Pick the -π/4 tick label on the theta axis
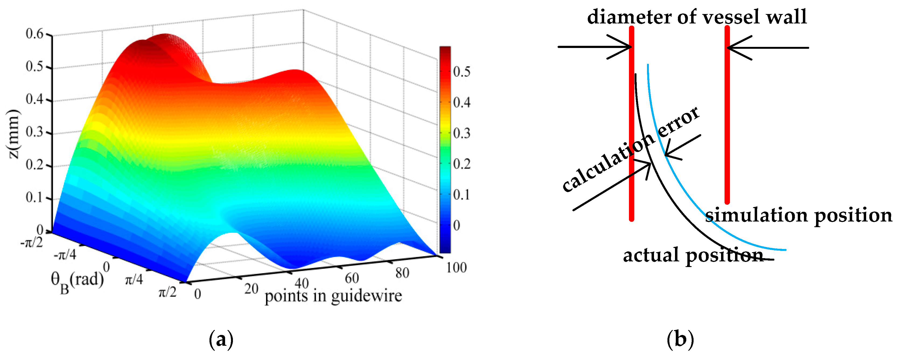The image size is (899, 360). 65,255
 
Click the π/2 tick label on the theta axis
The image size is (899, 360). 167,292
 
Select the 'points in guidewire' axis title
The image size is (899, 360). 333,296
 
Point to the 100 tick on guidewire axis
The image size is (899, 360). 456,268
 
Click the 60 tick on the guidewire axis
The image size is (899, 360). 352,278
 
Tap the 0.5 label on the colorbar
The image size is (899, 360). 461,72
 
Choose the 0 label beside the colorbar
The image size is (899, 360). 456,225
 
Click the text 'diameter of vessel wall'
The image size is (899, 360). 697,17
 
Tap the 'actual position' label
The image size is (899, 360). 693,255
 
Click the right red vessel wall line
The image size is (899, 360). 727,115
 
